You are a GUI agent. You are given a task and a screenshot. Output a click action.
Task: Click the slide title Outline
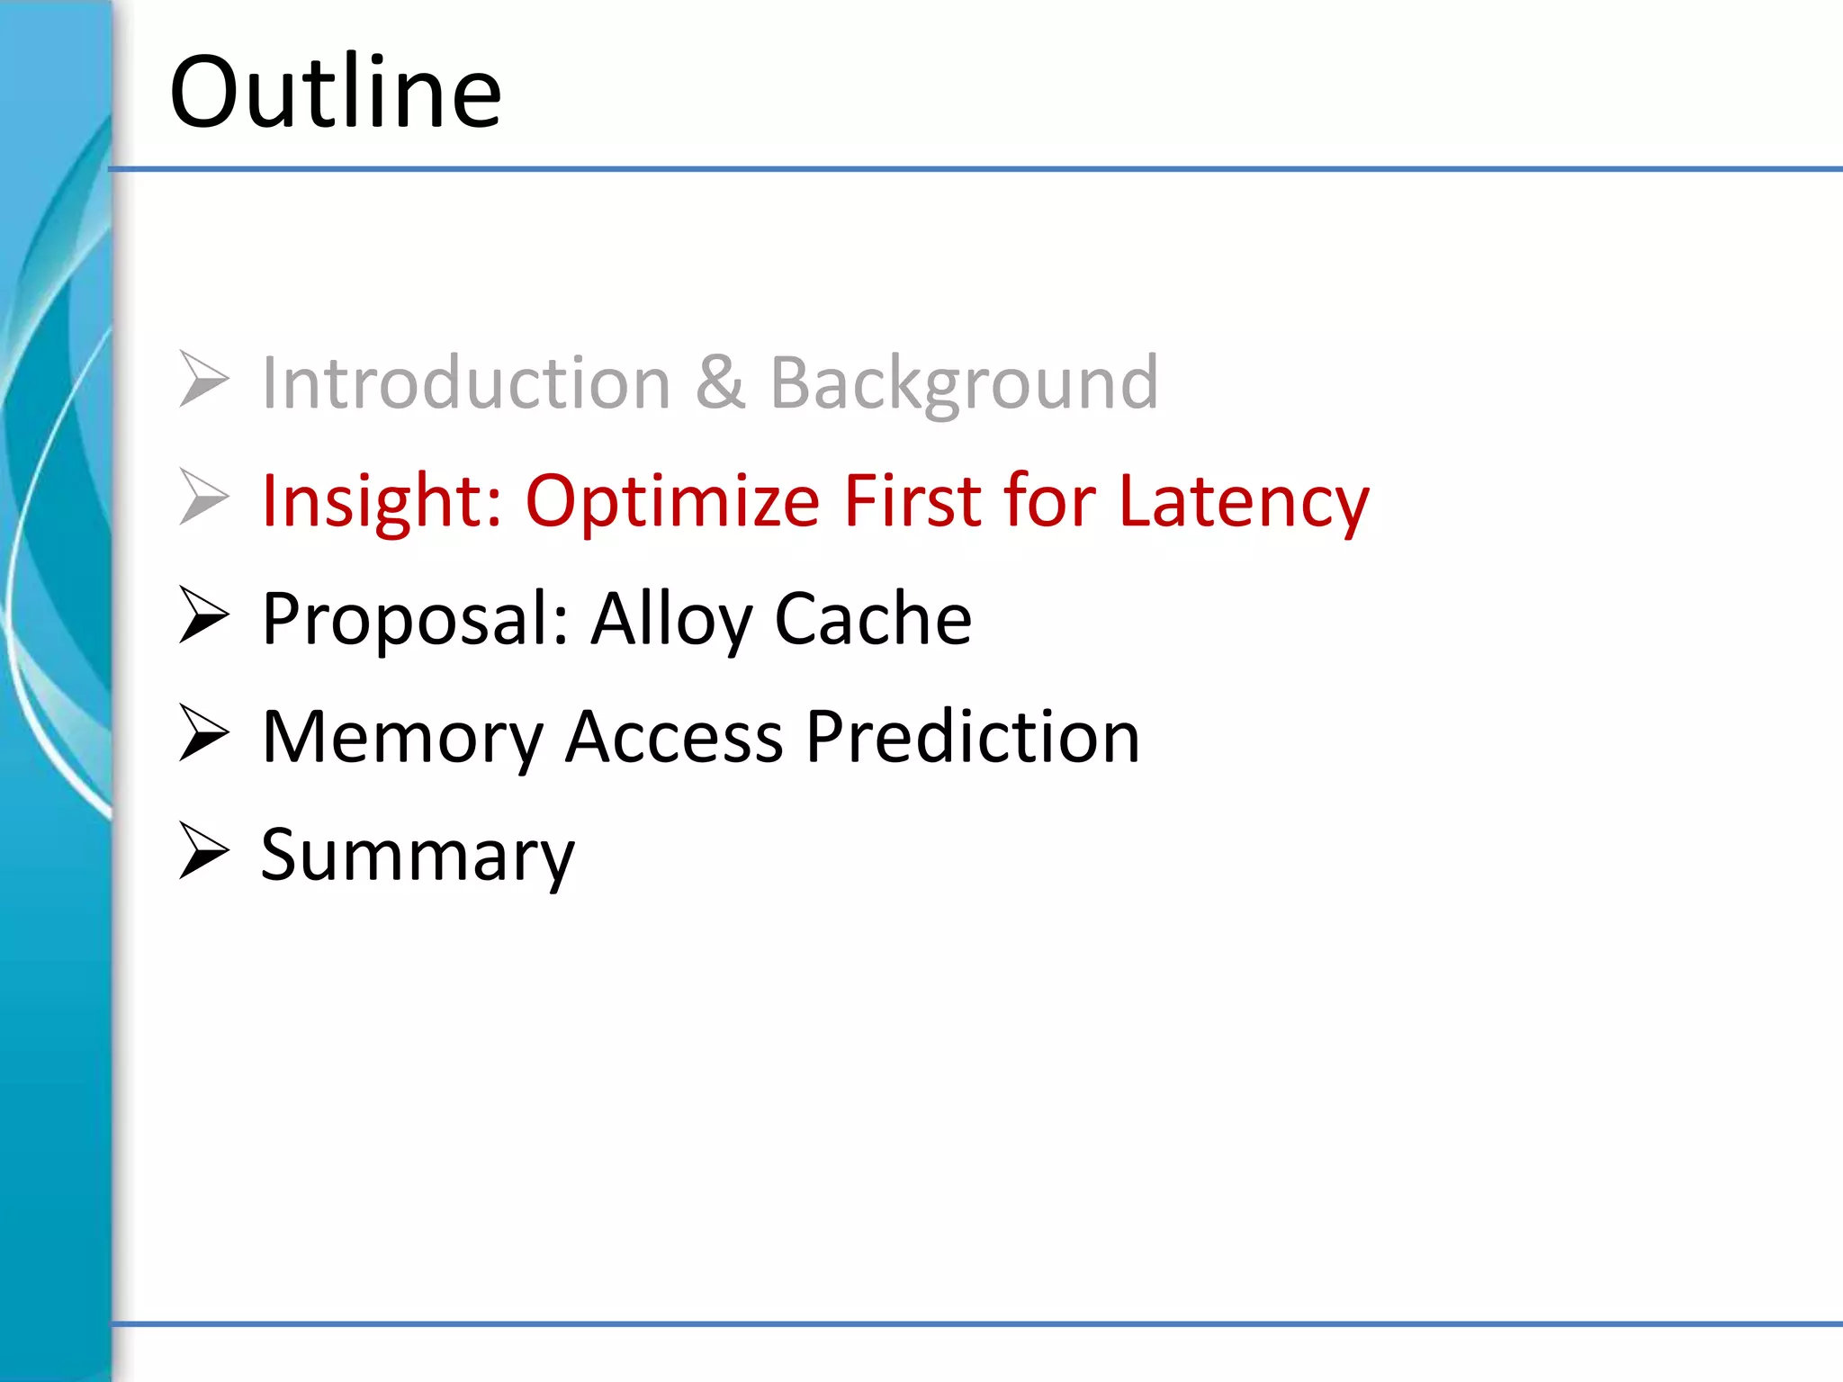335,92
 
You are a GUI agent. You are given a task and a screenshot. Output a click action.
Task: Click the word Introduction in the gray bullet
466,383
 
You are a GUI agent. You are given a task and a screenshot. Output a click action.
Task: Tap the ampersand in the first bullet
720,383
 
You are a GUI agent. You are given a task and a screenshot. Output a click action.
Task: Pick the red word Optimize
672,501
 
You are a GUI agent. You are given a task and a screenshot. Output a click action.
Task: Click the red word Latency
1244,501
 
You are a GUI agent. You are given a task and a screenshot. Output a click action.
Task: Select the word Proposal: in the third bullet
415,619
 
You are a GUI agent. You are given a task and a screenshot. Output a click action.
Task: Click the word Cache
873,619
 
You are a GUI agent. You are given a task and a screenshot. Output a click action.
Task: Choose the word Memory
402,738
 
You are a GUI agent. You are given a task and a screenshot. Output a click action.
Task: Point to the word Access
674,738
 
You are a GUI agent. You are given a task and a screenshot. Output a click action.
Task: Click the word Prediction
972,738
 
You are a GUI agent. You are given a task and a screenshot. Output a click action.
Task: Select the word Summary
417,856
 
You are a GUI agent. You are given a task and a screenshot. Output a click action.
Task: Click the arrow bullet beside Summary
203,850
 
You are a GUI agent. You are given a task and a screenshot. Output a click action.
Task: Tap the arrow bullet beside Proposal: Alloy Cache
203,615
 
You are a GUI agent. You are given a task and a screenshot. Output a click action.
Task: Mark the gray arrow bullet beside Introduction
203,379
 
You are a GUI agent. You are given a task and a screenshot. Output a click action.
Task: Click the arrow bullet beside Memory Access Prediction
203,732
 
